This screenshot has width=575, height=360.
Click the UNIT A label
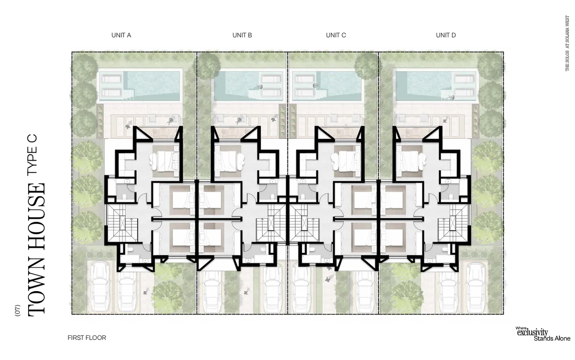pos(121,35)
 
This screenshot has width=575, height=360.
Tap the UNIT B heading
pos(242,35)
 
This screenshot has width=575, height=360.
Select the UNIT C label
pos(336,35)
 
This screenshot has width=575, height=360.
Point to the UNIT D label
pos(446,35)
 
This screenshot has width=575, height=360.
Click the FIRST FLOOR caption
pos(87,338)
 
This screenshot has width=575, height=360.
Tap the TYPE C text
pos(32,155)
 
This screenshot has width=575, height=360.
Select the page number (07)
pos(18,310)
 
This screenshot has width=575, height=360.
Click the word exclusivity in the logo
pos(532,333)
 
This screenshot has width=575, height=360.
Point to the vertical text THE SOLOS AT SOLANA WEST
pos(567,43)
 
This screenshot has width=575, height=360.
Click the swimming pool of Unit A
pos(140,86)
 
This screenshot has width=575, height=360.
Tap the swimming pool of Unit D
pos(436,86)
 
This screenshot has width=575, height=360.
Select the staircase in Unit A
pos(122,223)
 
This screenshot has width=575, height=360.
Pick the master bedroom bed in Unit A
pos(164,161)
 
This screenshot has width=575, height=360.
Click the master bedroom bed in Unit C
pos(346,161)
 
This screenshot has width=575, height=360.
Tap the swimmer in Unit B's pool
pos(259,87)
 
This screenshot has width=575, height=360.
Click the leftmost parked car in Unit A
pos(100,288)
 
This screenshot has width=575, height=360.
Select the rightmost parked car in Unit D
pos(476,288)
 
